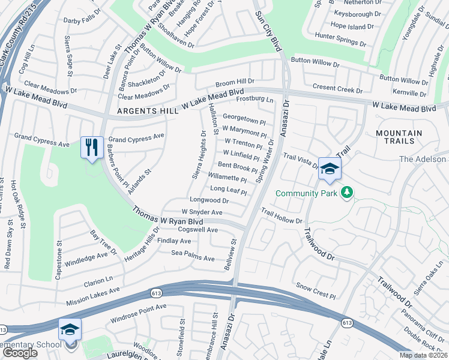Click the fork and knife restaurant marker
click(x=91, y=148)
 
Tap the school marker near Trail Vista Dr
click(x=330, y=170)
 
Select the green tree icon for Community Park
click(x=346, y=193)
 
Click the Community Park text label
click(x=306, y=193)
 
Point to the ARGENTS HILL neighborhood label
click(x=148, y=112)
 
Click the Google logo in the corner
click(x=20, y=353)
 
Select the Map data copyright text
click(x=423, y=355)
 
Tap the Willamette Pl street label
click(x=227, y=178)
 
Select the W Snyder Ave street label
click(x=202, y=212)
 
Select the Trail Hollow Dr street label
click(x=282, y=216)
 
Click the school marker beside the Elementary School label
click(x=70, y=331)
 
